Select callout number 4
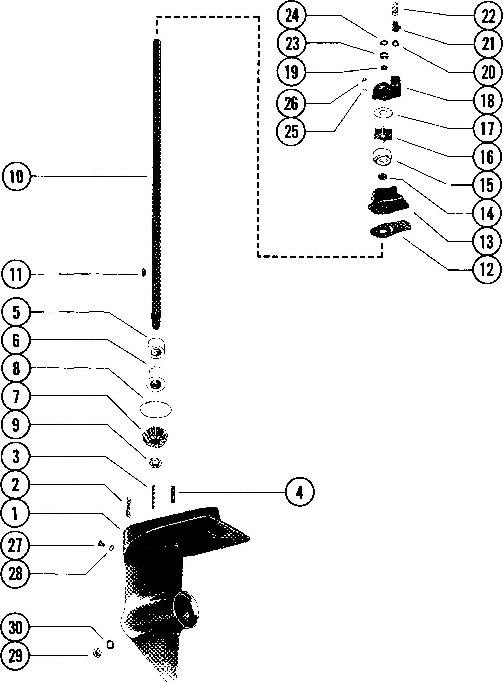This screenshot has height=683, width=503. point(300,492)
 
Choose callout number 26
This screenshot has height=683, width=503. point(291,104)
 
